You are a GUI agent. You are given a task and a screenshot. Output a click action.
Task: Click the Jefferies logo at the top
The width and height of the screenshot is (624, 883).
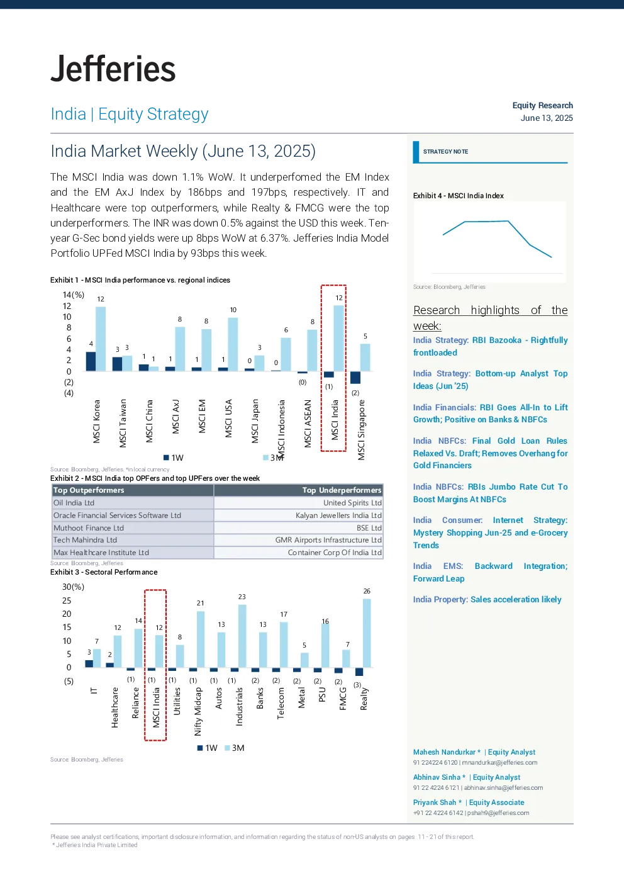tap(113, 69)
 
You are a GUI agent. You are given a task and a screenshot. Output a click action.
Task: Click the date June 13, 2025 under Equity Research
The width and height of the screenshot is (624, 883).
tap(547, 118)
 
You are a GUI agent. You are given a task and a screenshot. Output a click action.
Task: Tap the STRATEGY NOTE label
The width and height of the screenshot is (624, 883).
tap(445, 152)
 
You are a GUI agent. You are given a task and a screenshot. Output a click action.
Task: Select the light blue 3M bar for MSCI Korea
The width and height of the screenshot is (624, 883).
tap(101, 339)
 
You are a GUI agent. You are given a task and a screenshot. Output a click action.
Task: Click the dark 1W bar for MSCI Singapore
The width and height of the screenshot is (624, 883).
tap(355, 377)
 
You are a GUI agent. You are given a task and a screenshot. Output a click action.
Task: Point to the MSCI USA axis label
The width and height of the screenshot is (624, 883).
tap(228, 419)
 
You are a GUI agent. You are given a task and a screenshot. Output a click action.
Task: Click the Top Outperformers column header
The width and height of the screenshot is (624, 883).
tap(89, 490)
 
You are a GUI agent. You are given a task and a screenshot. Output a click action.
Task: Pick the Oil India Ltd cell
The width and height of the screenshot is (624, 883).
tap(74, 503)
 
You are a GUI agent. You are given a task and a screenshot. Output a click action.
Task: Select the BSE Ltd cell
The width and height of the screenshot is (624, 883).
tap(369, 528)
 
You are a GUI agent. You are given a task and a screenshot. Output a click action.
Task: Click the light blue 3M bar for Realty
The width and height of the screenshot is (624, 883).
tap(367, 633)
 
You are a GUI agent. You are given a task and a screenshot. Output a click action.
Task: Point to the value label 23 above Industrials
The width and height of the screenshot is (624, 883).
tap(242, 597)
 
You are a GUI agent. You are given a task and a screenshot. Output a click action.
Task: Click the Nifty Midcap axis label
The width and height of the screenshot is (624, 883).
tap(198, 712)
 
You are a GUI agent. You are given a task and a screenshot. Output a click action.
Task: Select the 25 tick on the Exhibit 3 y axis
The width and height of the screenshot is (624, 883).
tap(67, 601)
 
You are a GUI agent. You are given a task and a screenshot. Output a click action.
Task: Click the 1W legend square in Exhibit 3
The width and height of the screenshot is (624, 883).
tap(200, 748)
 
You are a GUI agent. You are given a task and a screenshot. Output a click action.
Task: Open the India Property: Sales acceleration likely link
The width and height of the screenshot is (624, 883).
tap(487, 599)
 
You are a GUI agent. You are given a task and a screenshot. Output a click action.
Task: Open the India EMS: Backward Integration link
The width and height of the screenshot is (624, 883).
tap(490, 572)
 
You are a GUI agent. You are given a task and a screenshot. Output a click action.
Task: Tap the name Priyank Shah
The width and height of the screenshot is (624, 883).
tap(435, 802)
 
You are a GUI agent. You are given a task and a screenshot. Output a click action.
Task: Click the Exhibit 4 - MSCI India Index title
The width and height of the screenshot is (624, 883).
tap(458, 196)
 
